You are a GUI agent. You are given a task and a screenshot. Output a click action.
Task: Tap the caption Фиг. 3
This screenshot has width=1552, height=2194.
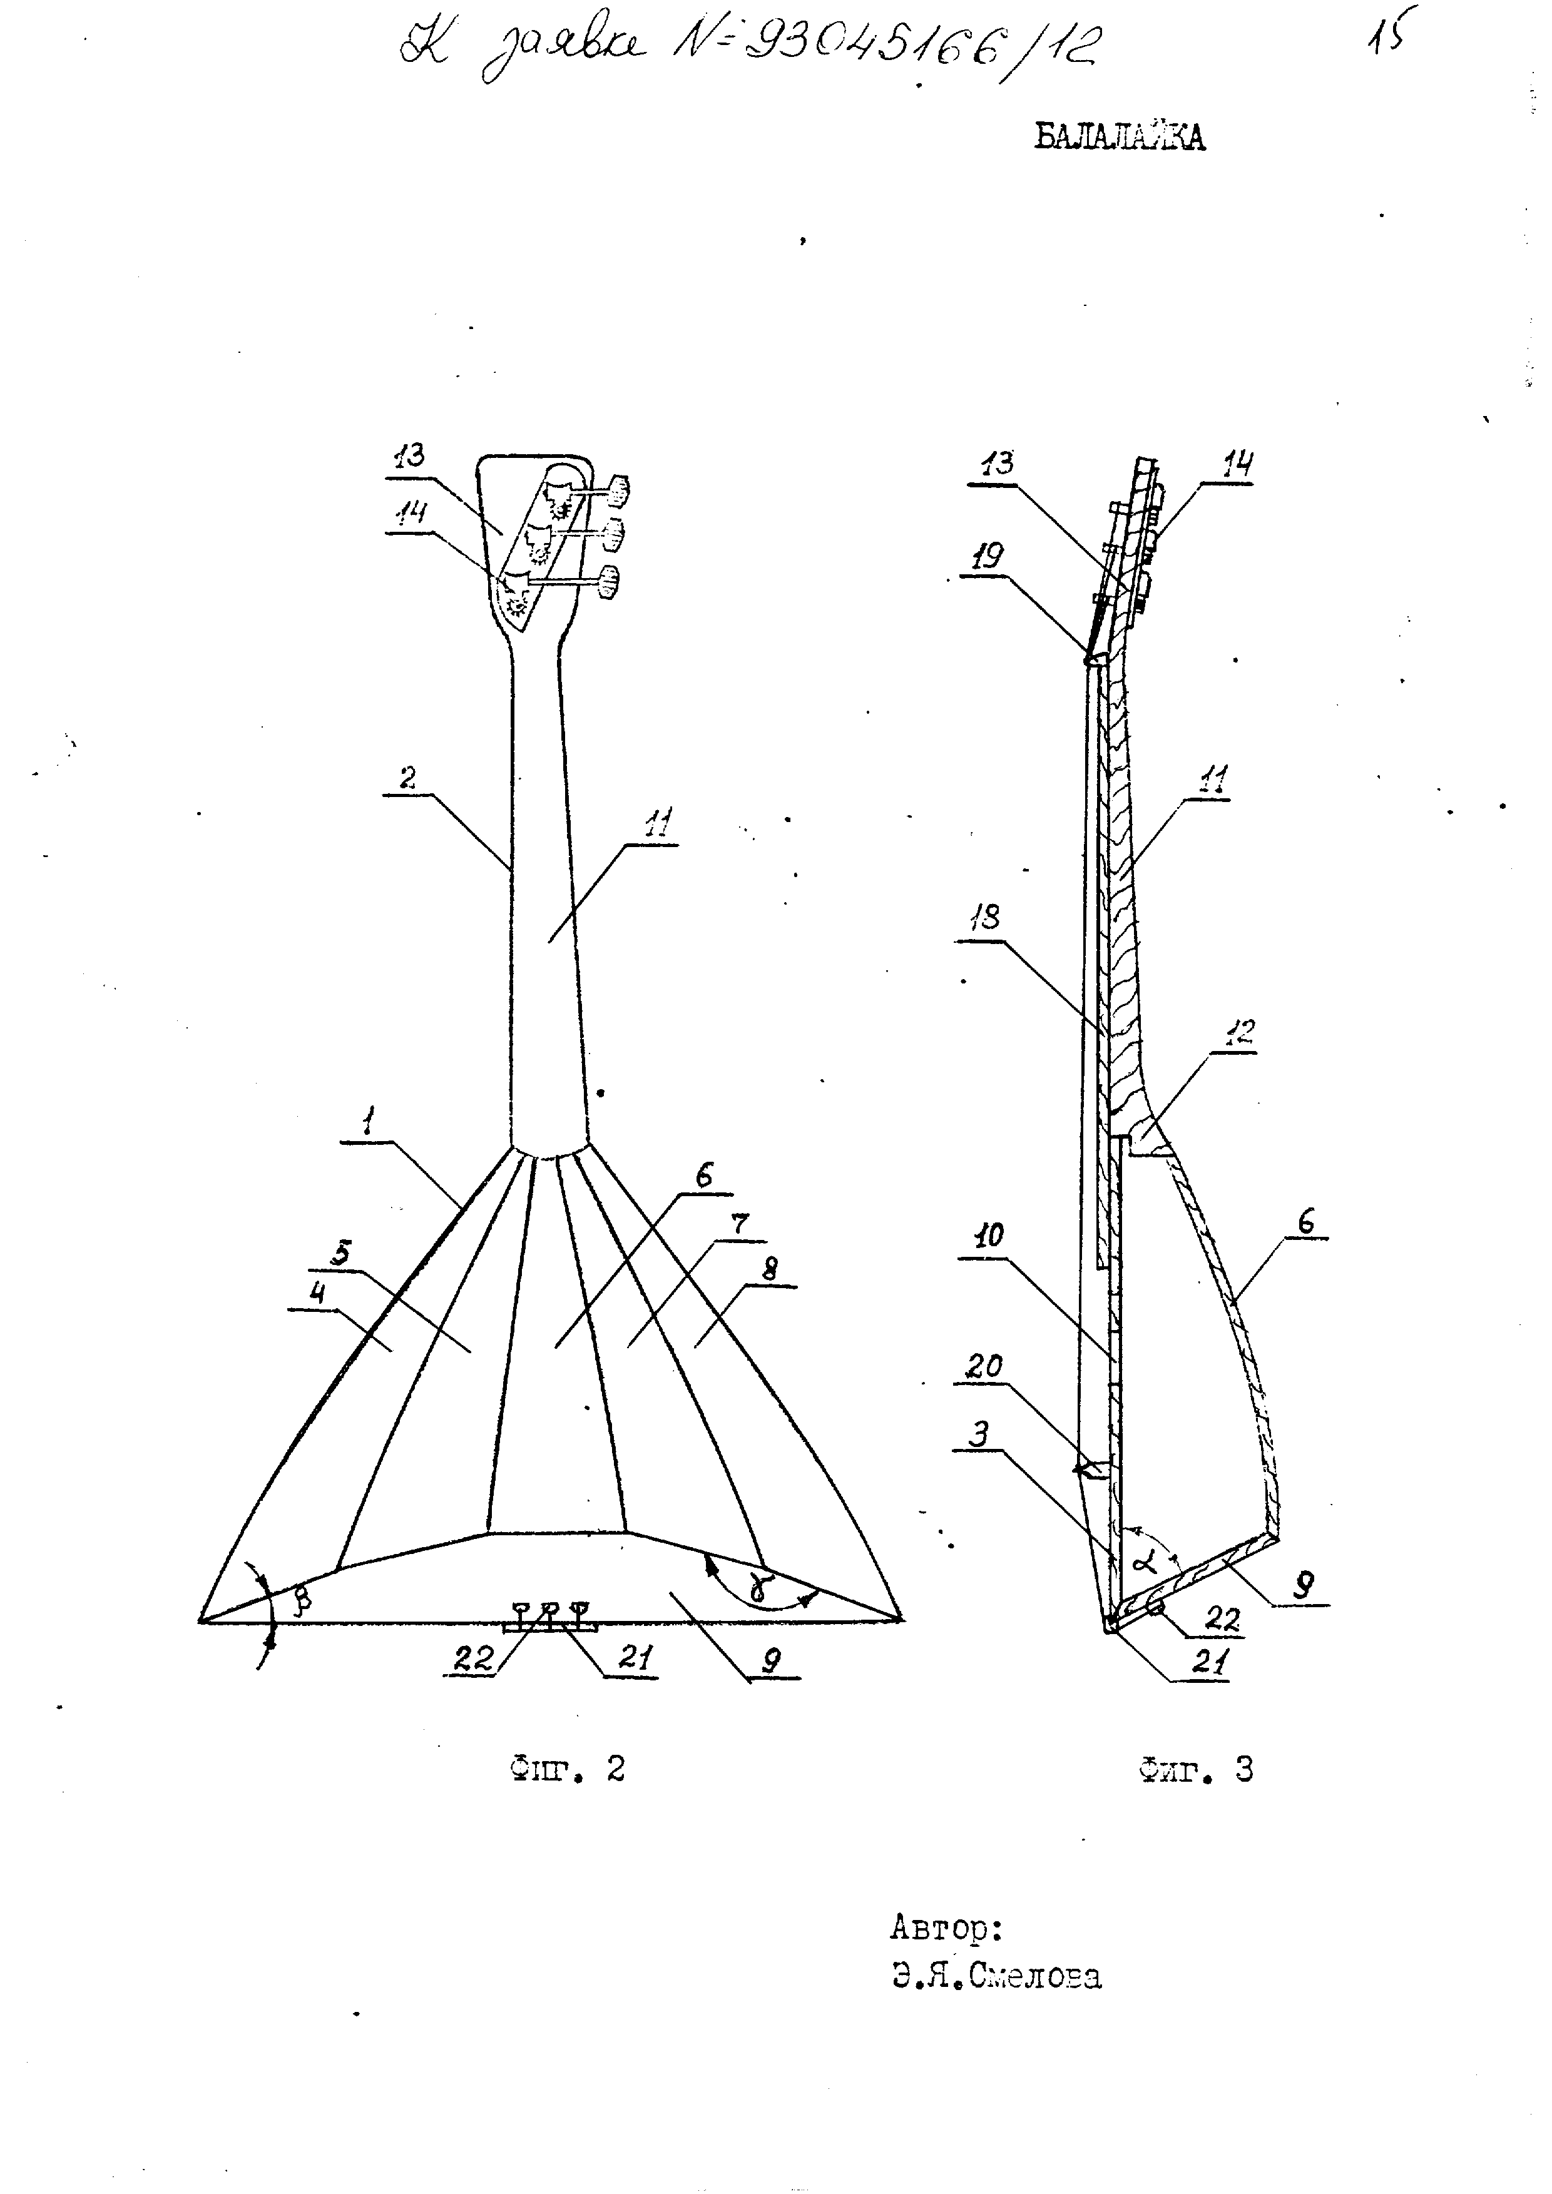(x=1195, y=1770)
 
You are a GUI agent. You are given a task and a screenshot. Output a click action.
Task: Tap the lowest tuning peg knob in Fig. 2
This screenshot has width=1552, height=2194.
(x=608, y=583)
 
